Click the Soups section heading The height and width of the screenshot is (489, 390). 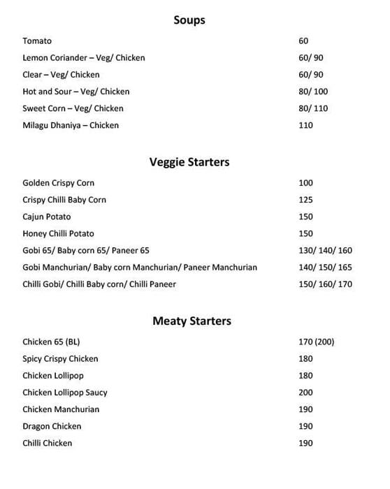[x=189, y=20]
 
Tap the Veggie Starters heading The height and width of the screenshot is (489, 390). [x=189, y=163]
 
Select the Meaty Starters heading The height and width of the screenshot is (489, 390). [x=192, y=321]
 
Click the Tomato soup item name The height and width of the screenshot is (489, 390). [x=37, y=41]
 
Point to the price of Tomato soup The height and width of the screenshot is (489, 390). [x=303, y=41]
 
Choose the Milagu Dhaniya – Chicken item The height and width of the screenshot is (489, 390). [x=71, y=125]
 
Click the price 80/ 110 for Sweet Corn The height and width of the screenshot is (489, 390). [x=313, y=108]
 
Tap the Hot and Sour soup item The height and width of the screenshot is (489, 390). [x=75, y=92]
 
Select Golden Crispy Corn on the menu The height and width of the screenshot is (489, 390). [x=58, y=183]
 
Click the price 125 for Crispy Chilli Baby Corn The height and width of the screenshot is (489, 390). [x=305, y=200]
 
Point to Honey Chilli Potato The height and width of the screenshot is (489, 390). [x=58, y=233]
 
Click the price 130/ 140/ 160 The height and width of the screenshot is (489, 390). [x=325, y=250]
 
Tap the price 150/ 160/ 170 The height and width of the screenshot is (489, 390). [x=325, y=284]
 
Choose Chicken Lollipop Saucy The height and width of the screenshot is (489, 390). [x=65, y=393]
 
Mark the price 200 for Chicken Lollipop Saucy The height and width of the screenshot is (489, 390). [x=305, y=393]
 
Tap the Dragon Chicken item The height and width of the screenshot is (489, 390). [x=52, y=426]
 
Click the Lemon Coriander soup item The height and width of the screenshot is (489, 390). [x=83, y=58]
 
